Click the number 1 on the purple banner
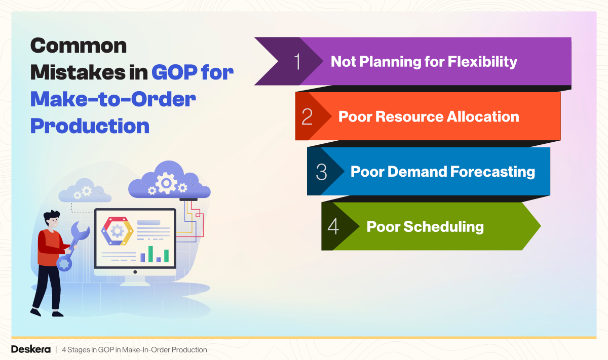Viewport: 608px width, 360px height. (297, 62)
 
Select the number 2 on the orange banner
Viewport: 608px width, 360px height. (307, 116)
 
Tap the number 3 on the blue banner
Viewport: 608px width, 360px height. (321, 172)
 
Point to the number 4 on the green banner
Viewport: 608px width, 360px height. (333, 226)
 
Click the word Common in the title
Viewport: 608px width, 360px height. (79, 47)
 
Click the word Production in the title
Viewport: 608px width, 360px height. (90, 126)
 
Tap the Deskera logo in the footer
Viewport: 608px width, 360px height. (30, 350)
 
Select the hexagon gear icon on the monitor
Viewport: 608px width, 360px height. (117, 231)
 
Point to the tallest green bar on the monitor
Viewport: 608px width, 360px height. (150, 254)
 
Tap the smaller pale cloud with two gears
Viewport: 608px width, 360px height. (84, 191)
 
